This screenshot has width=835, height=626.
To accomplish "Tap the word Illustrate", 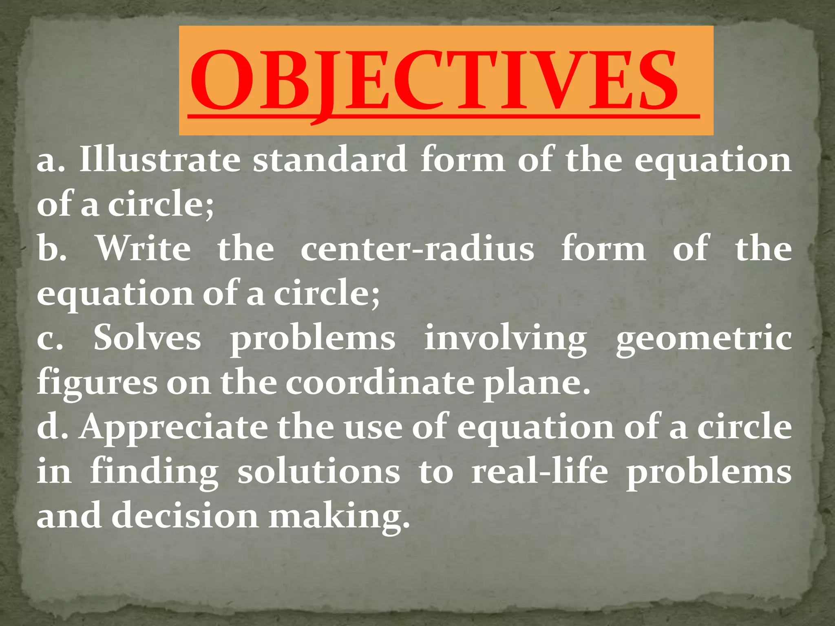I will (159, 160).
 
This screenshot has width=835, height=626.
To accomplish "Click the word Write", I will (143, 249).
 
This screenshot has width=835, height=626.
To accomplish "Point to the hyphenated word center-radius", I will (417, 249).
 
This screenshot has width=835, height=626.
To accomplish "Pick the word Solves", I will (147, 338).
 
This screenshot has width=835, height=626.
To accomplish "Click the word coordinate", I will (380, 383).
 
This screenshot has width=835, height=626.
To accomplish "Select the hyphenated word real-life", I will (539, 472).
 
